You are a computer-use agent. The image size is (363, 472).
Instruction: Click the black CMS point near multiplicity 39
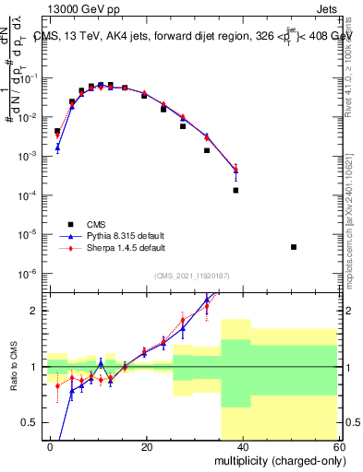(x=236, y=190)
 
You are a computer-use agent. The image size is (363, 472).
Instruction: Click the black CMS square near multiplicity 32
(x=207, y=150)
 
